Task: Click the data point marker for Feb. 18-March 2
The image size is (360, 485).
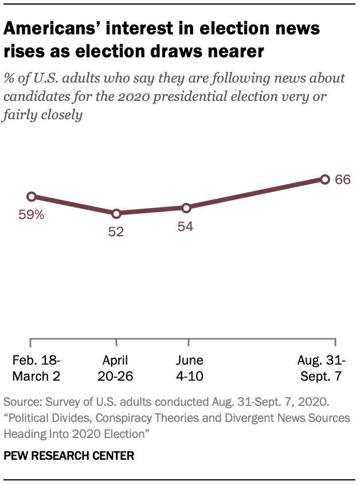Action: (32, 197)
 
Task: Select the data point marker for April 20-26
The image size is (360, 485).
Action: (116, 213)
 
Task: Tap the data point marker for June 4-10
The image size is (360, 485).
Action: (186, 208)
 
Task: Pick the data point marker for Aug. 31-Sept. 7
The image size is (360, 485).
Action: (324, 179)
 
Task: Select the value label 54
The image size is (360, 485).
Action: (185, 226)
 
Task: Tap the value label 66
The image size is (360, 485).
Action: (343, 179)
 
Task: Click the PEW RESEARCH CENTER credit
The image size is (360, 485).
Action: (69, 456)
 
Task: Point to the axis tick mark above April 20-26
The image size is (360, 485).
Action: (116, 342)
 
